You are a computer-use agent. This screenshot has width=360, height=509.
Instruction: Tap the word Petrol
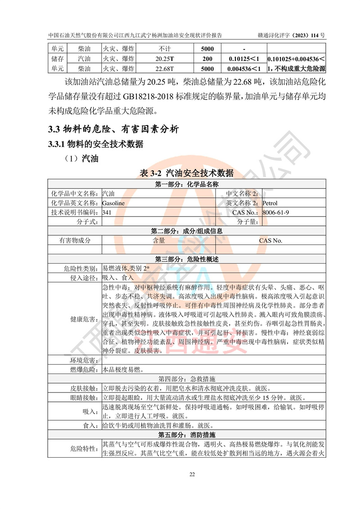[270, 203]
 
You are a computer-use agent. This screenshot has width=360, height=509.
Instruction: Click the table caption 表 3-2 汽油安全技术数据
[187, 173]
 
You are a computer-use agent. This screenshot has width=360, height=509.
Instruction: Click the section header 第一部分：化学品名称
[187, 185]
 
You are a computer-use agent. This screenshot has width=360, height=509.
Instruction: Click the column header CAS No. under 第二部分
[270, 240]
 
